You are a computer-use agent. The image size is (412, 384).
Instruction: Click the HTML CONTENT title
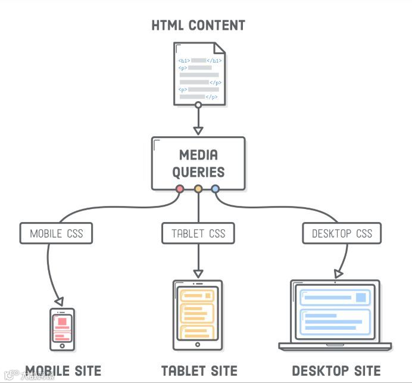[x=198, y=25]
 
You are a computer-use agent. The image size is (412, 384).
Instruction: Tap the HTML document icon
[x=199, y=74]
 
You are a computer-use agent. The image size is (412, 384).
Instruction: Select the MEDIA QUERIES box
[x=198, y=164]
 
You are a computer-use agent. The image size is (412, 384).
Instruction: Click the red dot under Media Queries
[x=180, y=189]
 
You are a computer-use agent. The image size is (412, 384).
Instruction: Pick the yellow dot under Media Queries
[x=198, y=189]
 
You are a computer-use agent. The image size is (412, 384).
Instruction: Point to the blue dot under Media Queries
[x=216, y=189]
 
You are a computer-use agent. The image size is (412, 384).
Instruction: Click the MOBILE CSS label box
[x=57, y=233]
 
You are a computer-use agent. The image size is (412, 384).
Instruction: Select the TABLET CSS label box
[x=198, y=233]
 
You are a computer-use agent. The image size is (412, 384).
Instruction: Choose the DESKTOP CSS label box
[x=342, y=233]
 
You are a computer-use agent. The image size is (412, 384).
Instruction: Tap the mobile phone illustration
[x=61, y=329]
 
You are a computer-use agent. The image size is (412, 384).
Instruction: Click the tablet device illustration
[x=198, y=315]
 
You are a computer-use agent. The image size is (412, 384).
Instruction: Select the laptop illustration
[x=335, y=315]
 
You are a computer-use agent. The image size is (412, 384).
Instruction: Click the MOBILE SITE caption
[x=63, y=371]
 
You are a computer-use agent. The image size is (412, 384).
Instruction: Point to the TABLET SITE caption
[x=199, y=371]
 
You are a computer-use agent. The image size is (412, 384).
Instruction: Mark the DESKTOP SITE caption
[x=336, y=371]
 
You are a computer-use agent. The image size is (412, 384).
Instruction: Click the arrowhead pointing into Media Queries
[x=198, y=130]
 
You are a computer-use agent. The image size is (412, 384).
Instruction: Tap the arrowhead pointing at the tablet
[x=198, y=273]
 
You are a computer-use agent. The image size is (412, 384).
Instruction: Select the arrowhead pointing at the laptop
[x=338, y=274]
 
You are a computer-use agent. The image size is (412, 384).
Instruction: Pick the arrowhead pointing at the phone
[x=59, y=301]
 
